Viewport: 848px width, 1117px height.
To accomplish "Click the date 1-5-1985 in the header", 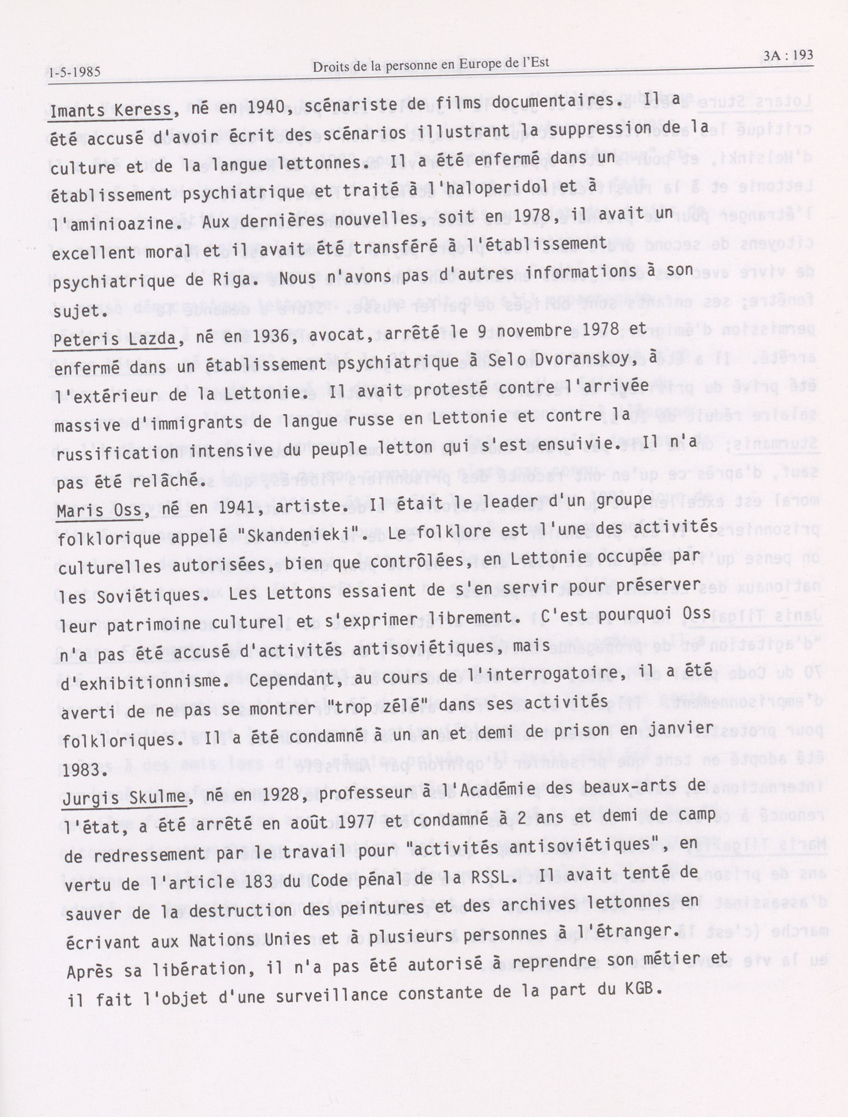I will (75, 72).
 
